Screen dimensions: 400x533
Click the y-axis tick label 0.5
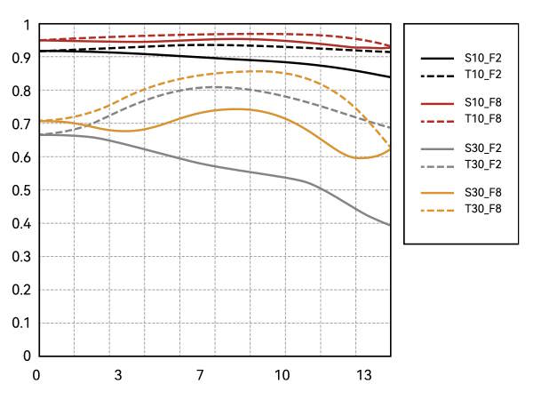click(19, 190)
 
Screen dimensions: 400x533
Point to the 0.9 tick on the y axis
click(19, 58)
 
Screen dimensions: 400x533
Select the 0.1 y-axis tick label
click(19, 323)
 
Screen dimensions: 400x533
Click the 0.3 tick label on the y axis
click(19, 257)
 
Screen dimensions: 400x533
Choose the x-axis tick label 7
click(201, 374)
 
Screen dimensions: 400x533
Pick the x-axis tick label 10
click(282, 374)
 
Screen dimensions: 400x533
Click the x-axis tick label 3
click(118, 374)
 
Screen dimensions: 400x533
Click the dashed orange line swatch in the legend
click(437, 209)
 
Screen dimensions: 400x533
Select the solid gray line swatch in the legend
click(437, 148)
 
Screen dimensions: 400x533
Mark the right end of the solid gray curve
click(390, 226)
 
